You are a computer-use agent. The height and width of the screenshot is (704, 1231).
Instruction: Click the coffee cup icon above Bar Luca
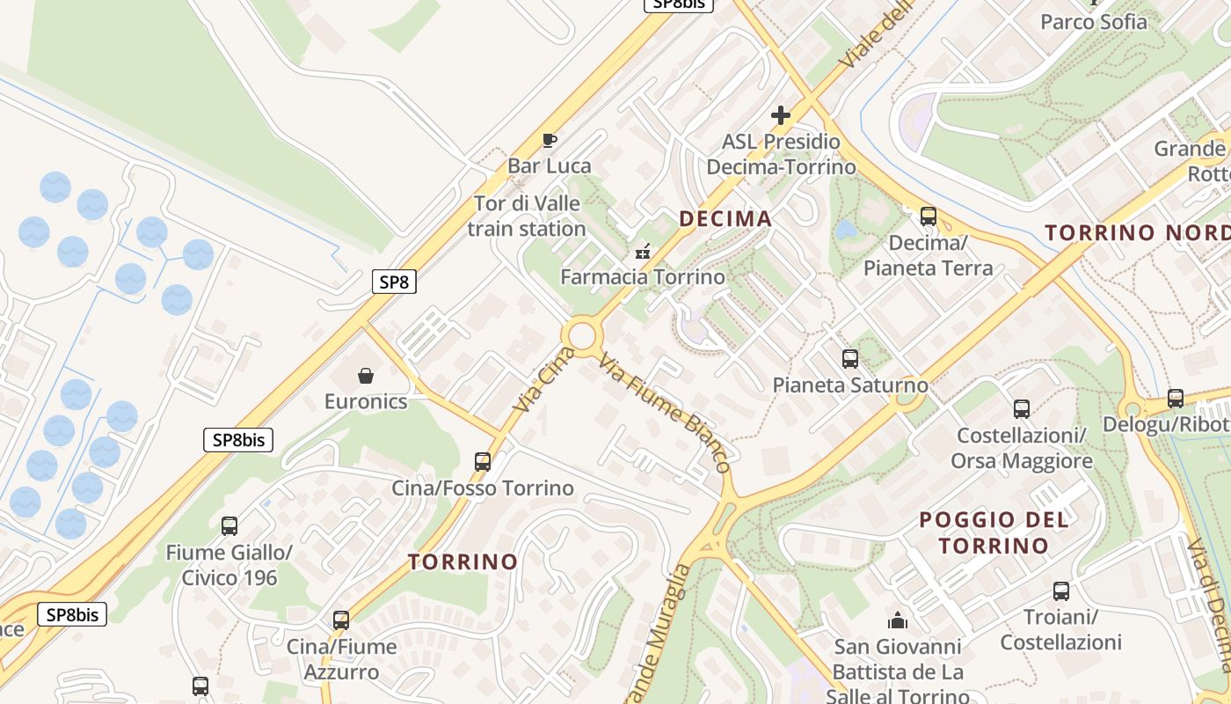[x=550, y=140]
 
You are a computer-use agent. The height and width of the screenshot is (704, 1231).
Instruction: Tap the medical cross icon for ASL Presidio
[x=780, y=115]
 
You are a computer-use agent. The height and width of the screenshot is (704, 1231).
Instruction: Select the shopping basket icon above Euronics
[x=366, y=377]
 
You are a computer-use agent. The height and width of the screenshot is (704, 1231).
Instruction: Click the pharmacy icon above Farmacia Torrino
[x=643, y=252]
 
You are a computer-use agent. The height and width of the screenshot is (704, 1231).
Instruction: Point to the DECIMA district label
[x=725, y=218]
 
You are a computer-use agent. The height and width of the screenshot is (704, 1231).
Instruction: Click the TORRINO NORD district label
[x=1137, y=232]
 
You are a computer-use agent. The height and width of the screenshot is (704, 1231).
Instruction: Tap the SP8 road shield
[x=393, y=282]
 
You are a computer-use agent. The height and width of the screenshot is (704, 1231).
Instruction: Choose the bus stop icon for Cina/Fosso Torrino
[x=482, y=461]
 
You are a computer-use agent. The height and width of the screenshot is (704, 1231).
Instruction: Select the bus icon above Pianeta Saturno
[x=849, y=359]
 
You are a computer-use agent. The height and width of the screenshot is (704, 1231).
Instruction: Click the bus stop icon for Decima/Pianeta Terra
[x=928, y=216]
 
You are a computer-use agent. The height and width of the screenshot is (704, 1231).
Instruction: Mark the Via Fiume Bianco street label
[x=665, y=412]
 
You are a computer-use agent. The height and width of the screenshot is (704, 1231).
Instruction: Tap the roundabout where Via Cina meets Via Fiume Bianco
[x=581, y=335]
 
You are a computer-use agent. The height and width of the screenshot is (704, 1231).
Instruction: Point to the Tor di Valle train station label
[x=527, y=216]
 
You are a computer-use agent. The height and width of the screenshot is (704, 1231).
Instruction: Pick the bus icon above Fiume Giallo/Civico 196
[x=229, y=526]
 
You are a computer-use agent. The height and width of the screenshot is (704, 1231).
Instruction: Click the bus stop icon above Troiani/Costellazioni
[x=1061, y=591]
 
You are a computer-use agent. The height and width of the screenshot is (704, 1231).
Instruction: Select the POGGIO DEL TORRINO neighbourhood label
[x=994, y=532]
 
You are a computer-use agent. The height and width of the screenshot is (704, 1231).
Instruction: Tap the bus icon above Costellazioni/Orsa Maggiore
[x=1021, y=409]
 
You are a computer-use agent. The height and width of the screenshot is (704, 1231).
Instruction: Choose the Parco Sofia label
[x=1094, y=22]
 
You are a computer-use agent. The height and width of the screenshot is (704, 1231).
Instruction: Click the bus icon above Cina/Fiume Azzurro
[x=341, y=620]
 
